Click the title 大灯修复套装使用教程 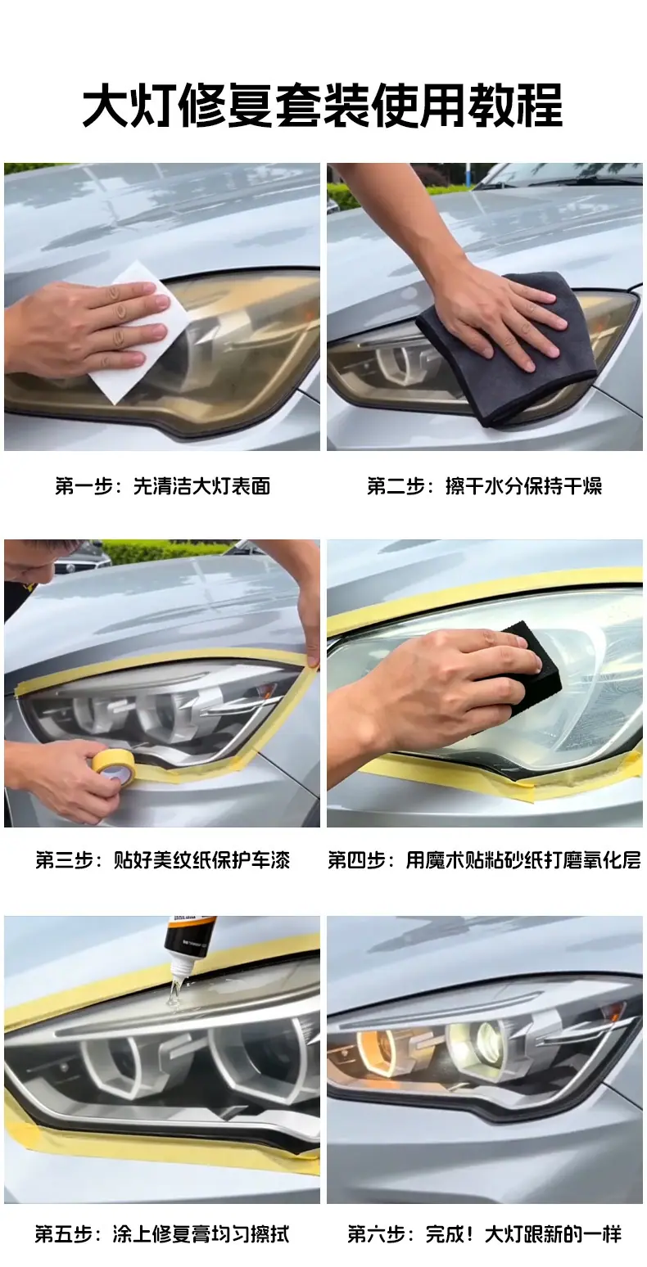(323, 105)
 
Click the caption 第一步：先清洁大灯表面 (162, 486)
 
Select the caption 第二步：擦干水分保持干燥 (484, 486)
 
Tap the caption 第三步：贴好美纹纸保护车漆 (162, 859)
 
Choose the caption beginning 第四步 (485, 859)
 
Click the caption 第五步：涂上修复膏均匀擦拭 (162, 1233)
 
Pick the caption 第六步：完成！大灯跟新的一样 (485, 1233)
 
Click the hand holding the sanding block (430, 696)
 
